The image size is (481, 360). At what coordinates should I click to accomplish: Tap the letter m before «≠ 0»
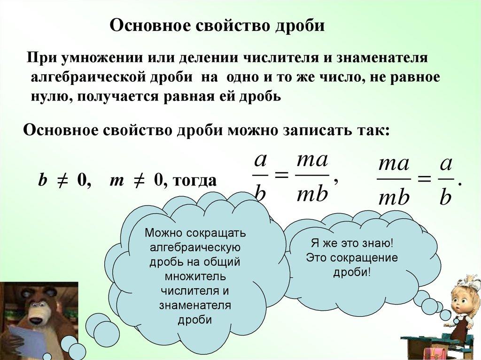[x=116, y=181]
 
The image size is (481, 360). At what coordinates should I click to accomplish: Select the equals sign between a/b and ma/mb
[x=282, y=175]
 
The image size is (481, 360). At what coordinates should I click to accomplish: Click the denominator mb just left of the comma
[x=312, y=194]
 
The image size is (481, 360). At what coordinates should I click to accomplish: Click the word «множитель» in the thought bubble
[x=195, y=276]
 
